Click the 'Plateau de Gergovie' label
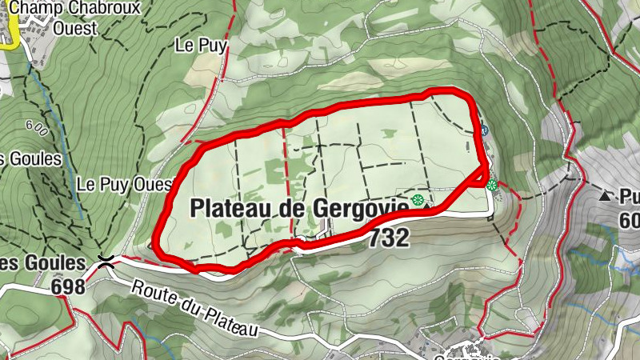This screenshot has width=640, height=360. [x=300, y=208]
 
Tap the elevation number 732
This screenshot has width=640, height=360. [x=390, y=237]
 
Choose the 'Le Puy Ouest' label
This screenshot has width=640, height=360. [x=125, y=184]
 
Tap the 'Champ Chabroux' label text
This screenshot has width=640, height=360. [x=75, y=9]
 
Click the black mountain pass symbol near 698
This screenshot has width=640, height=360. [x=104, y=259]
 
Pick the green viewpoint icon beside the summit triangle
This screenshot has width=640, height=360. [x=416, y=200]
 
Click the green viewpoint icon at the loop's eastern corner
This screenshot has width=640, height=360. [x=491, y=186]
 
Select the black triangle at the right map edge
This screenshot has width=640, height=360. [x=606, y=195]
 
